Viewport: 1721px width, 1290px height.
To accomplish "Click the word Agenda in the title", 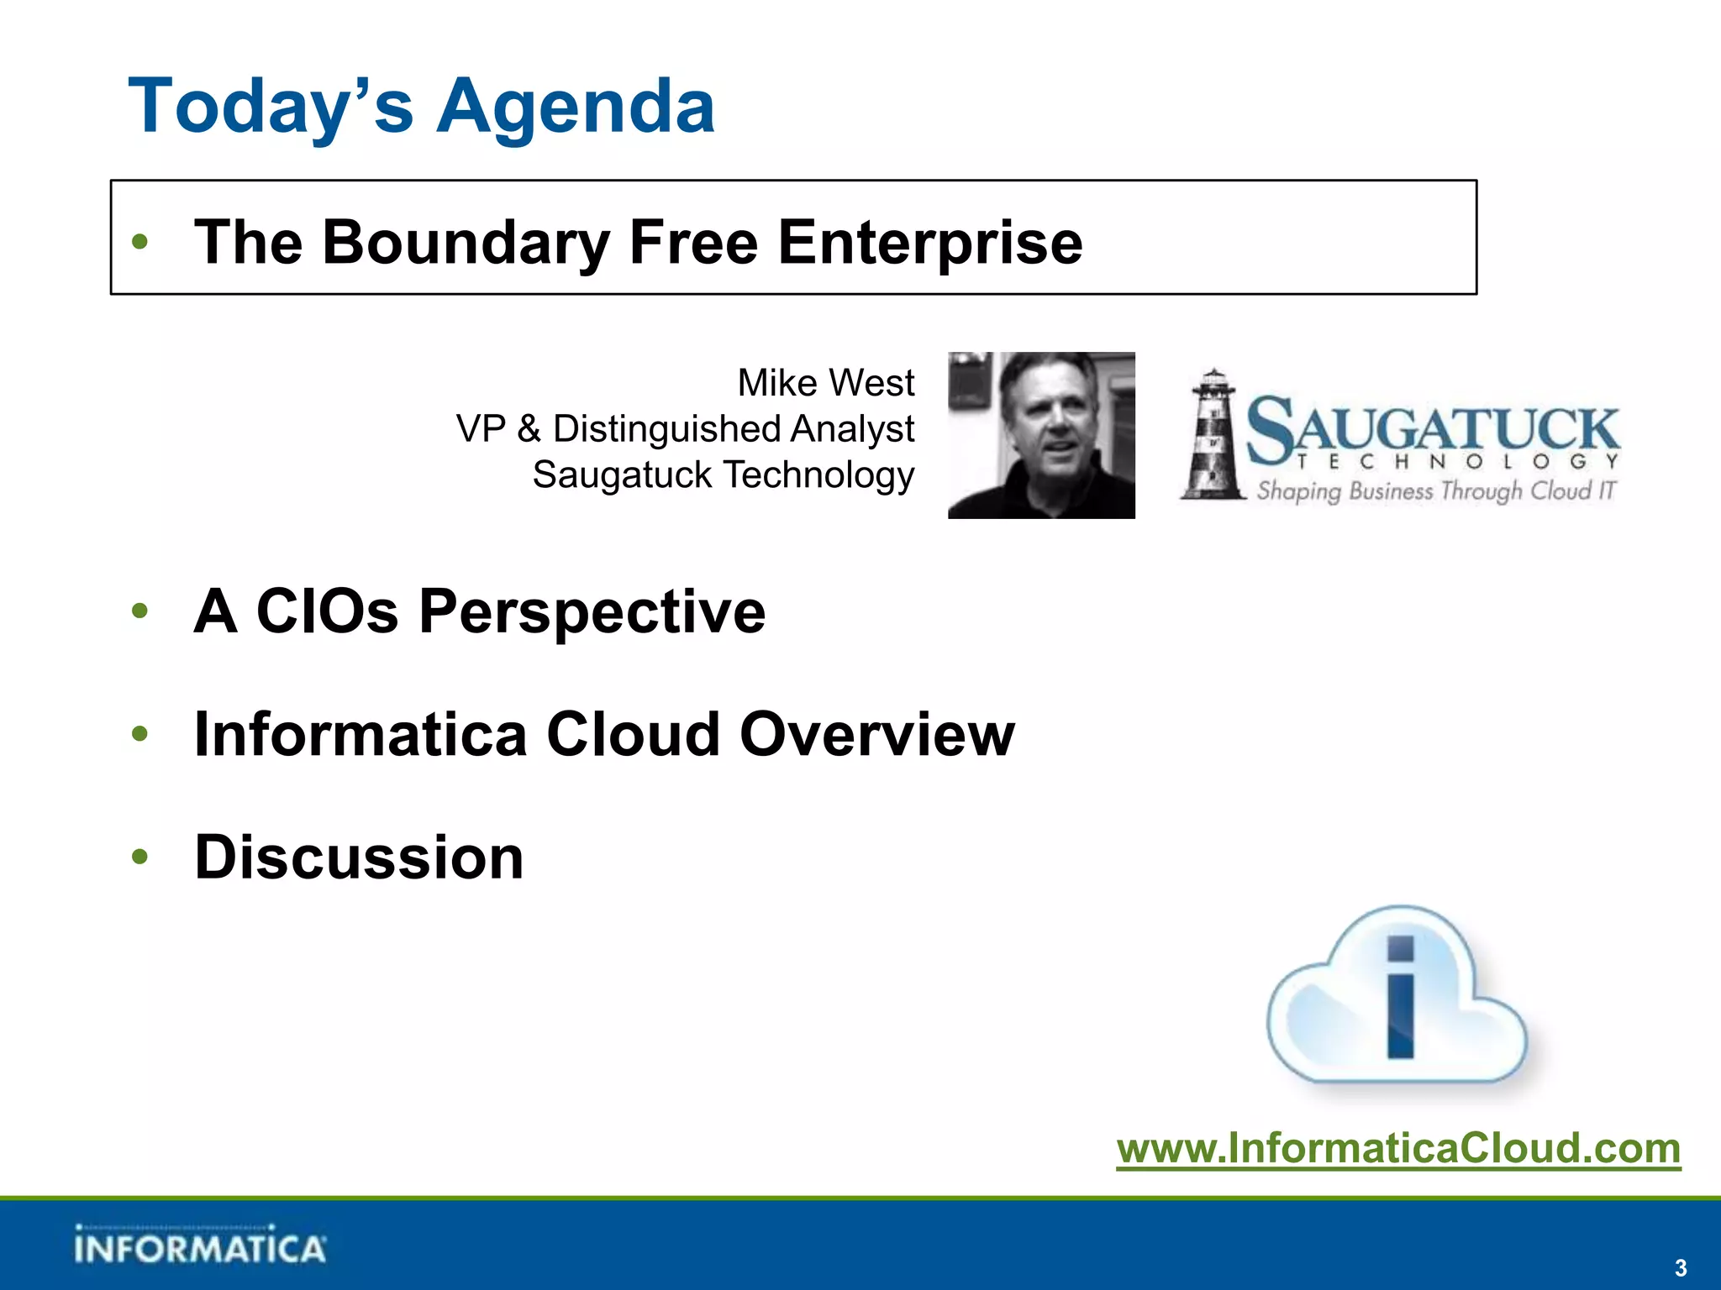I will point(576,107).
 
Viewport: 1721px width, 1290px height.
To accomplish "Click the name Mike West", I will point(825,383).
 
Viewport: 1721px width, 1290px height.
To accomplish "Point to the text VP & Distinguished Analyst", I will point(685,428).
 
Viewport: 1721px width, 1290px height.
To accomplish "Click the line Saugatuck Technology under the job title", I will point(723,475).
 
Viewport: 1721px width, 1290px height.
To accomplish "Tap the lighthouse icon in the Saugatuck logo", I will point(1213,437).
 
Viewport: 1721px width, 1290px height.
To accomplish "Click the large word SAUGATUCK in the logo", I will point(1433,428).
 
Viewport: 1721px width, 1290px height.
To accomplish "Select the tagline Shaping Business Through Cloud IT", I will point(1435,490).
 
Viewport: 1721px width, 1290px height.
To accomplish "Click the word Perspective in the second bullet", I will point(592,611).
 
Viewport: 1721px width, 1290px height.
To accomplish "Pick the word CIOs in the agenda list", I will point(327,611).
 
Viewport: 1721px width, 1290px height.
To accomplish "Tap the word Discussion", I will point(359,857).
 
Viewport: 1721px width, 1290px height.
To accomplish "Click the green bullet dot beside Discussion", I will point(139,857).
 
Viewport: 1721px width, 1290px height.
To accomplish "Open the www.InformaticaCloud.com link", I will point(1398,1148).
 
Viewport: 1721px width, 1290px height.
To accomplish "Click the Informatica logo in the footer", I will point(199,1245).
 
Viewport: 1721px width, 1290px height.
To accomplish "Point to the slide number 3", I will point(1680,1267).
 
